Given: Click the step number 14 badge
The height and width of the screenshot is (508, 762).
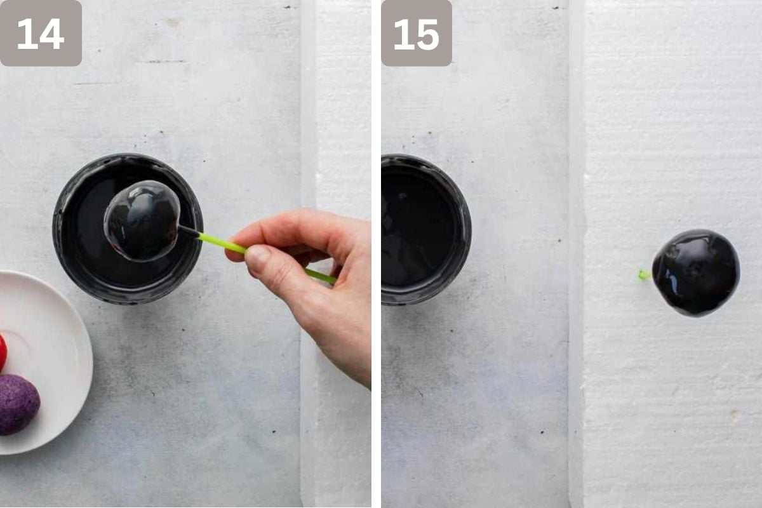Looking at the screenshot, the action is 41,32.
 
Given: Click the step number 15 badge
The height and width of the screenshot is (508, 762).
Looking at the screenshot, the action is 417,32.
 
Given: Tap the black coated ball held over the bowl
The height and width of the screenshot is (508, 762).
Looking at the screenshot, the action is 142,221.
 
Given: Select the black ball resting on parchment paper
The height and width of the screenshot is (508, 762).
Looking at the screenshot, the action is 696,273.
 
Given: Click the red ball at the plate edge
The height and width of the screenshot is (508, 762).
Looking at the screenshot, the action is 3,352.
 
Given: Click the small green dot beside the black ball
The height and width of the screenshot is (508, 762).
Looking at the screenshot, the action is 643,275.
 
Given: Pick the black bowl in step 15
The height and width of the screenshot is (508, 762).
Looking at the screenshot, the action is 426,229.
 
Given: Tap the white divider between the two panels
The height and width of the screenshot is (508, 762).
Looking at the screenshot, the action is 376,254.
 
